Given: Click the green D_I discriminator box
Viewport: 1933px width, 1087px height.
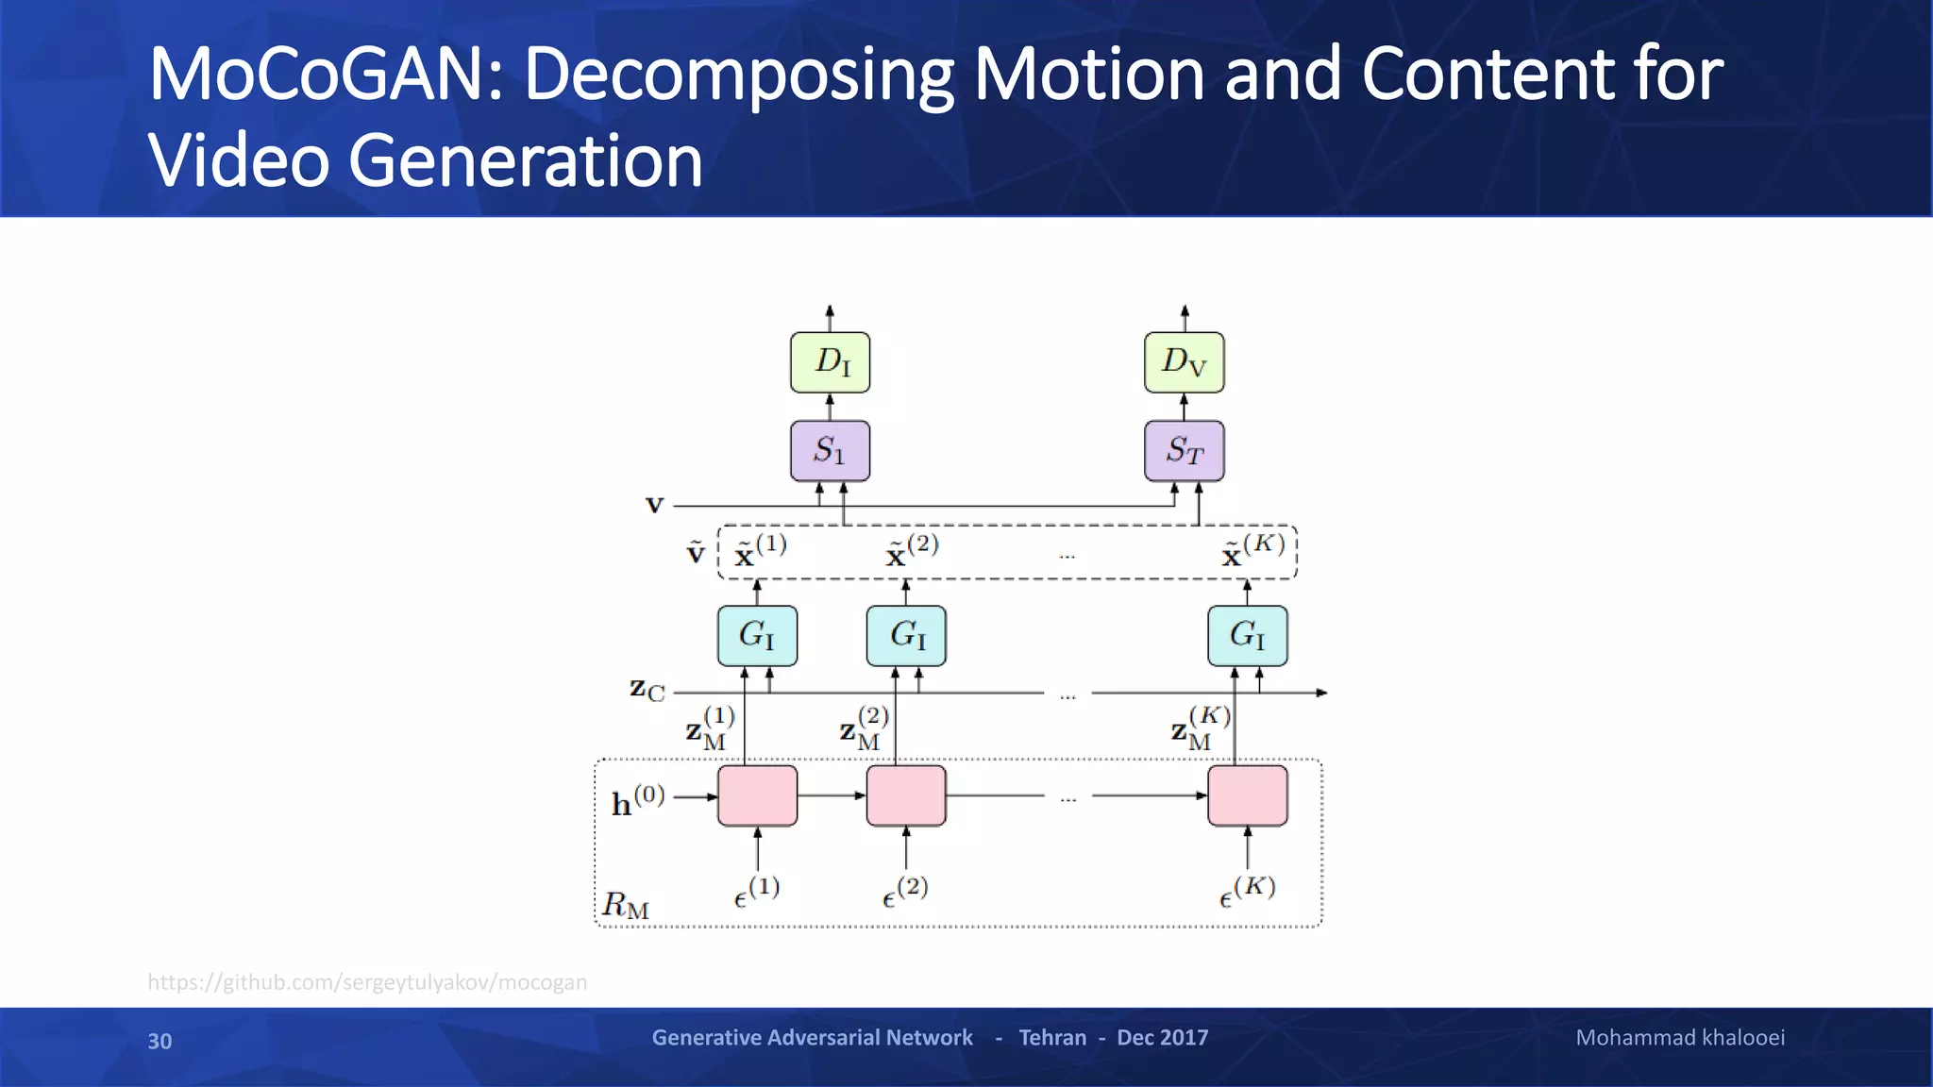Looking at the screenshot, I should [x=830, y=362].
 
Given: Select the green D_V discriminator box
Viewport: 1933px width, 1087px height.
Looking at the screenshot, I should [x=1184, y=362].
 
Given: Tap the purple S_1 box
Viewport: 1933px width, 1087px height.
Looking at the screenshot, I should [x=830, y=451].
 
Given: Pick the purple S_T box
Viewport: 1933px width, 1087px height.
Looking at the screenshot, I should [x=1184, y=451].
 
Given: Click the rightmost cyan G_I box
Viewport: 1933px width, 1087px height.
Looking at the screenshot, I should [x=1247, y=636].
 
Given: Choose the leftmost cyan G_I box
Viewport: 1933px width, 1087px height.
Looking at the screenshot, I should [x=757, y=636].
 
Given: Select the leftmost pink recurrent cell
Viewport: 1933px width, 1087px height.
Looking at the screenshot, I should [x=757, y=795].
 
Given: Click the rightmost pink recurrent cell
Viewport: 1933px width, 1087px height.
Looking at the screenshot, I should [x=1247, y=795].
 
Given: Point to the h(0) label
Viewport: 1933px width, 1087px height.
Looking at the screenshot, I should [x=638, y=800].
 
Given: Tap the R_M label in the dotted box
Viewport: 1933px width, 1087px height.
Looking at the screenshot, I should [x=626, y=905].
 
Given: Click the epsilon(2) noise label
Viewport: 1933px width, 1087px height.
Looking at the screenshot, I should [x=904, y=892].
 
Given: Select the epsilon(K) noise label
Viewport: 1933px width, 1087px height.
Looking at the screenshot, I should [x=1246, y=892].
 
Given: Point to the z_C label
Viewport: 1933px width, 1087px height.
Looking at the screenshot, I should [x=647, y=690].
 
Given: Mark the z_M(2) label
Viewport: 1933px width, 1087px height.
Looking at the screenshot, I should [x=864, y=728].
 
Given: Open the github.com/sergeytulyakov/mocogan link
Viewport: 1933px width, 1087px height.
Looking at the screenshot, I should [x=367, y=982].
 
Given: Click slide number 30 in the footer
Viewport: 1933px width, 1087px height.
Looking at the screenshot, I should [x=160, y=1041].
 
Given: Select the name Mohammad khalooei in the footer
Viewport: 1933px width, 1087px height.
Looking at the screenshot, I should [x=1680, y=1038].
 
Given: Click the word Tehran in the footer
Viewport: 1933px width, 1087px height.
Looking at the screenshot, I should [x=1052, y=1038].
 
